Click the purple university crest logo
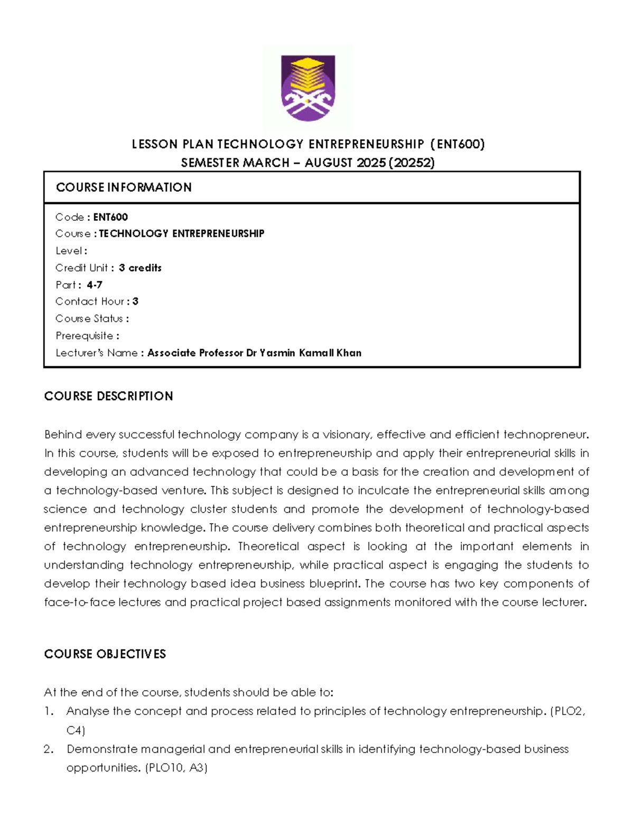[307, 88]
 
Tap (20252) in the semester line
[412, 163]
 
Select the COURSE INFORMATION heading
[124, 187]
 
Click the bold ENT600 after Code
[110, 217]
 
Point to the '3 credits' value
[140, 268]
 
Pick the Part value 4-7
[95, 285]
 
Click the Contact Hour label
[89, 301]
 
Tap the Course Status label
[89, 318]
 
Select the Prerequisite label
[85, 336]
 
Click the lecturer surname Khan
[349, 353]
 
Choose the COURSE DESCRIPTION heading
[108, 396]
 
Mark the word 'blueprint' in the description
[334, 583]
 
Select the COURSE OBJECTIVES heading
[105, 654]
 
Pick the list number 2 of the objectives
[49, 749]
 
